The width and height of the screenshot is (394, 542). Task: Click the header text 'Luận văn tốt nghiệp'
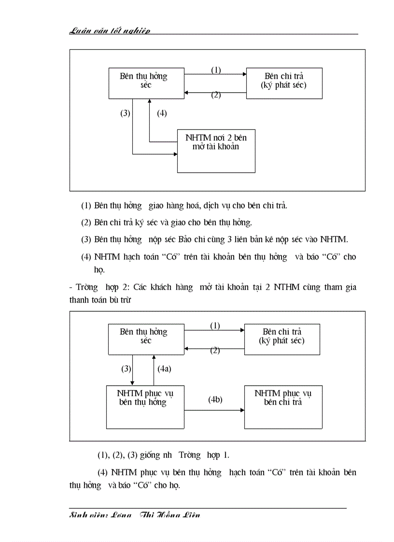(110, 31)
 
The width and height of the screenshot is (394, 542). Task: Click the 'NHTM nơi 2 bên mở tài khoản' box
(216, 151)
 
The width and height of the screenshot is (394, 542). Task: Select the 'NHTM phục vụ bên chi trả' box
(283, 407)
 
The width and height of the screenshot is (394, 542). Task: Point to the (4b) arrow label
(215, 400)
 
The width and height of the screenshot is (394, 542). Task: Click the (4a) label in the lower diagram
(165, 368)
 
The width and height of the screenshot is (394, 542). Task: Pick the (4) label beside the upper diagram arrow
(162, 113)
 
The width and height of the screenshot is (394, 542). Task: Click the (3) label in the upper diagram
(125, 113)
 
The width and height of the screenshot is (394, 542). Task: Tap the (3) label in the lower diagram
(126, 368)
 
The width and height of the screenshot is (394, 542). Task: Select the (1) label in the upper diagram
(216, 69)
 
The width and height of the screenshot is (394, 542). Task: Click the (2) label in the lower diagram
(215, 350)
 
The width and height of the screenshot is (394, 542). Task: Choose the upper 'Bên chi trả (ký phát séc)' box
(284, 83)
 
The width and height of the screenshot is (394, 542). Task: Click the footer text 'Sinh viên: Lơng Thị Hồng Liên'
(135, 515)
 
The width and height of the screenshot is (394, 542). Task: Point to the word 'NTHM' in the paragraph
(287, 287)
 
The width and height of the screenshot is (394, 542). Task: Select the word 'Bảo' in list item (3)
(186, 239)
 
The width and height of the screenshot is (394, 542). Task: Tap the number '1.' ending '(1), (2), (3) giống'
(226, 455)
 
